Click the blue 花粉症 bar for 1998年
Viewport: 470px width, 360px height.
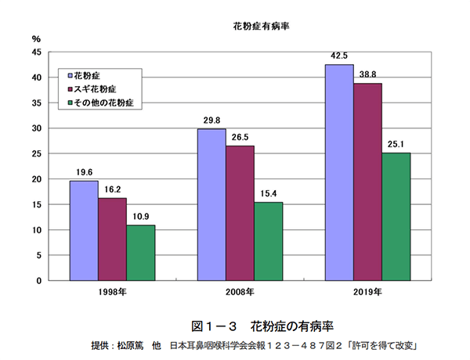click(x=84, y=230)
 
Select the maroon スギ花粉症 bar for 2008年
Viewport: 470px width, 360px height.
click(x=240, y=213)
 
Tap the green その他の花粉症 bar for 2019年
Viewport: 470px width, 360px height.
click(x=396, y=216)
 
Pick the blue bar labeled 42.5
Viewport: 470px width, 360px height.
click(x=339, y=172)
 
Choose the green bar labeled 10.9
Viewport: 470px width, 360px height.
click(x=140, y=252)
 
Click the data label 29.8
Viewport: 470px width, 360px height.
click(x=211, y=121)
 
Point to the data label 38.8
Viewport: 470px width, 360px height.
click(x=367, y=74)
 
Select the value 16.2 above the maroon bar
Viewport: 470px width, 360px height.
click(x=112, y=189)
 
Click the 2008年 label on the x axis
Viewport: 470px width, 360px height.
click(x=240, y=292)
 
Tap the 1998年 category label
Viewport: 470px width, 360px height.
click(x=112, y=292)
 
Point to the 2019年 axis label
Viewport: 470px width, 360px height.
click(x=367, y=292)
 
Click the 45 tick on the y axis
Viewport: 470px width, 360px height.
click(x=36, y=52)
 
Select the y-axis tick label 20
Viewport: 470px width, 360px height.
click(x=36, y=179)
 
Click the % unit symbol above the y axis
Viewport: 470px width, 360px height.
click(x=36, y=38)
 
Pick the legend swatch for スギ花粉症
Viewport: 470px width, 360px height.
click(x=71, y=89)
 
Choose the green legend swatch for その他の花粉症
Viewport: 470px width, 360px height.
click(x=71, y=103)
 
